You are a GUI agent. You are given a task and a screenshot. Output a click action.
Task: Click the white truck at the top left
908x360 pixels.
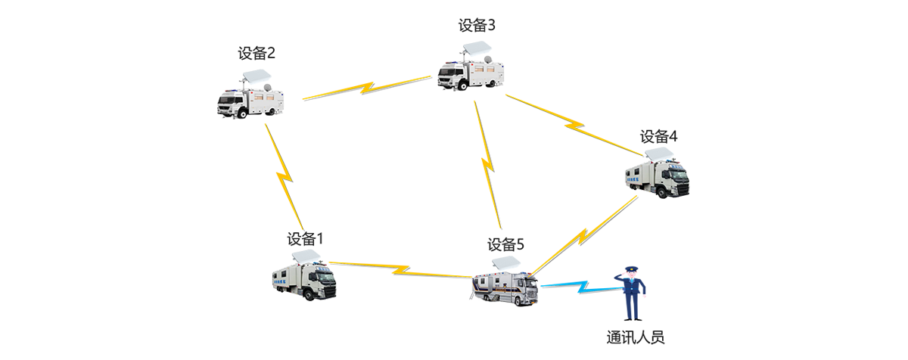coord(250,98)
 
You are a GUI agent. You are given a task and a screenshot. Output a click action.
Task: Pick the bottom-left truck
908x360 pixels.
coord(304,279)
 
